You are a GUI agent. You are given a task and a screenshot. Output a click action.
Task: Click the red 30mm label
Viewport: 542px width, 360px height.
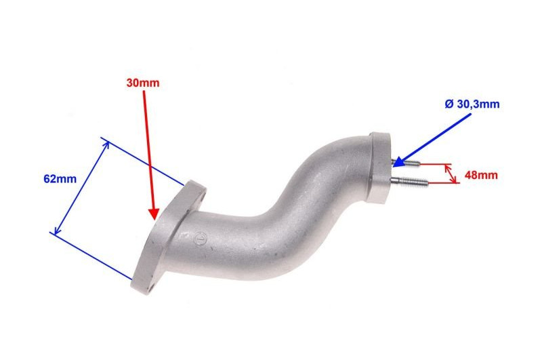point(143,83)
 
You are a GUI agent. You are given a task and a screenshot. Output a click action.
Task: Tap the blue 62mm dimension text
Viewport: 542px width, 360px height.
point(60,179)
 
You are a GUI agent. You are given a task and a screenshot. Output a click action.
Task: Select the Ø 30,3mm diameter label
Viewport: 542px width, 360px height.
point(472,104)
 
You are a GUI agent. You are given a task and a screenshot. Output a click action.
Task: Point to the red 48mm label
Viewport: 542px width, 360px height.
point(481,175)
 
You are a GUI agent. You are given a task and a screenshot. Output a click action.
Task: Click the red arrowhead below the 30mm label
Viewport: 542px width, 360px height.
point(154,214)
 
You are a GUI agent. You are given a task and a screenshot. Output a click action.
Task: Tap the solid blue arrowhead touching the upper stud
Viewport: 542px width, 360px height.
point(399,161)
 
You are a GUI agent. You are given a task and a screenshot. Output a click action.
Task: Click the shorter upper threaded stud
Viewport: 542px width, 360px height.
point(406,162)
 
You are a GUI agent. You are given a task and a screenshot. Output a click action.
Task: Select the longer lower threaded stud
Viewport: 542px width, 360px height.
point(409,181)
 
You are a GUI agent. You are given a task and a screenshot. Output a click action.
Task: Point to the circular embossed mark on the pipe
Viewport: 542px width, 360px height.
point(199,238)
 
